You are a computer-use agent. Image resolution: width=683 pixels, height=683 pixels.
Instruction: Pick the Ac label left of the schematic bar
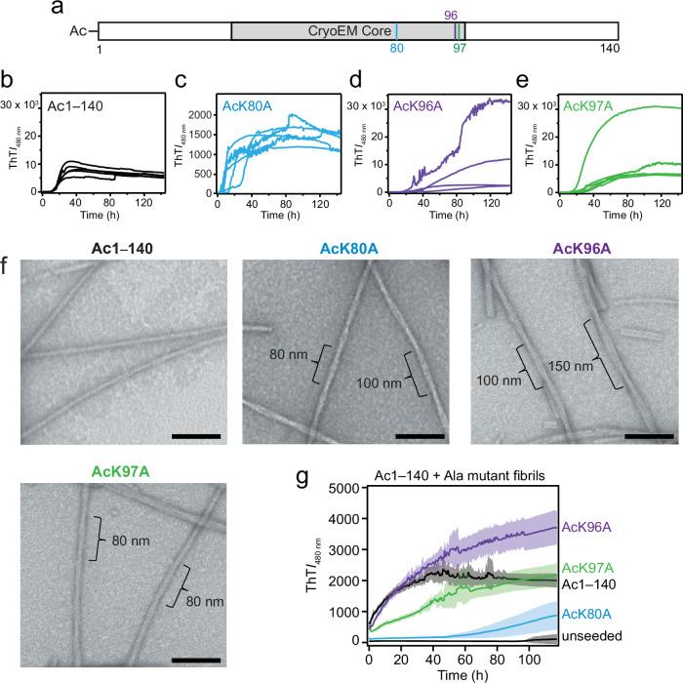[x=78, y=30]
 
